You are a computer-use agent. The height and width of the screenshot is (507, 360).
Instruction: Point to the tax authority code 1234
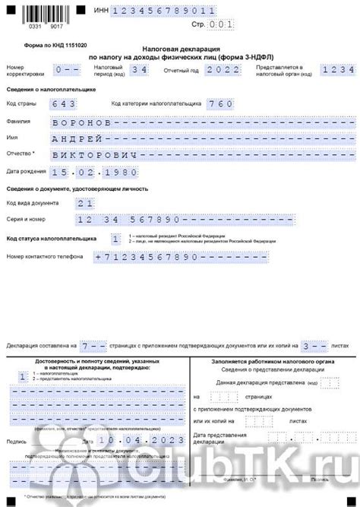[335, 70]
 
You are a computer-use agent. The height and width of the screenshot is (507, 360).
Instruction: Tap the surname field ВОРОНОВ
[84, 122]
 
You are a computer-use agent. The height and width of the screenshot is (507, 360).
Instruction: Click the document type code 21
[85, 203]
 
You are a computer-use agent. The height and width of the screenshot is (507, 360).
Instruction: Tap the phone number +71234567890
[144, 258]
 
